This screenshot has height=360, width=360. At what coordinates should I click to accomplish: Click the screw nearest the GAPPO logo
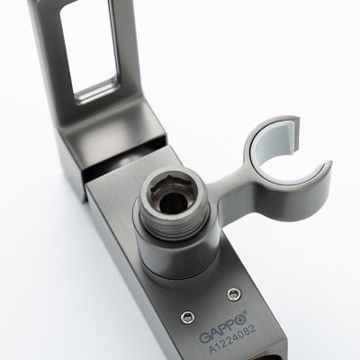(x=186, y=317)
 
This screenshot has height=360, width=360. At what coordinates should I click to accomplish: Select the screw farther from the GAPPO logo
(x=234, y=294)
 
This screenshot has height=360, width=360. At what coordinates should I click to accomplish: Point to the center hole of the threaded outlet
(x=174, y=202)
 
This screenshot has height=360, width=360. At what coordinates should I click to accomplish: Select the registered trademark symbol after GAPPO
(x=245, y=312)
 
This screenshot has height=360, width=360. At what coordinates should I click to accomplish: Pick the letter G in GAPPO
(x=205, y=337)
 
